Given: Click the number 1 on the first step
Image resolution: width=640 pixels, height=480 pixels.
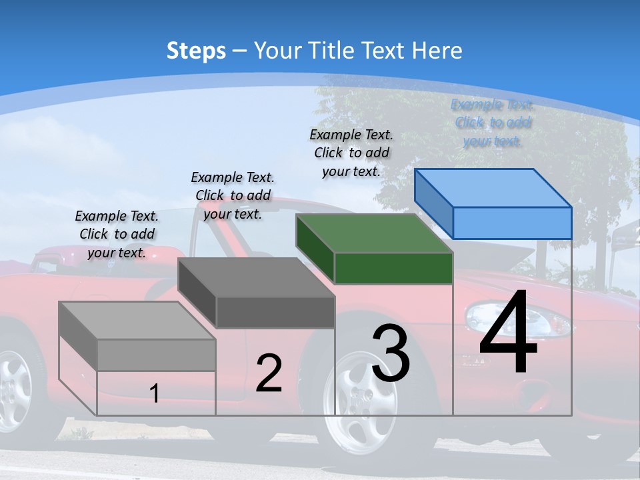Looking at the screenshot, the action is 155,394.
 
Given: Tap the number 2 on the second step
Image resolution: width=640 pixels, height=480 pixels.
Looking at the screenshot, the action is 269,373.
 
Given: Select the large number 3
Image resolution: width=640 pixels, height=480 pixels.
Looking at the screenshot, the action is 391,353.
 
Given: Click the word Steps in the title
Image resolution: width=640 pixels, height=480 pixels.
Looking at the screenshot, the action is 196,51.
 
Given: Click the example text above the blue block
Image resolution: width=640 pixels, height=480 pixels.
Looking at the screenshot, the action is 492,123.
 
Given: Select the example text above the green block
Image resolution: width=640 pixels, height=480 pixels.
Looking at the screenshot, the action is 351,153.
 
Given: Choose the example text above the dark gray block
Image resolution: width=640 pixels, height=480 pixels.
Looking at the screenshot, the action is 233,195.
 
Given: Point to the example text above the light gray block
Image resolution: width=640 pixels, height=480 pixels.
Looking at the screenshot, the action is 117,234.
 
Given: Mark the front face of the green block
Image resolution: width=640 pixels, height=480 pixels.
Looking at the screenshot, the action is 393,268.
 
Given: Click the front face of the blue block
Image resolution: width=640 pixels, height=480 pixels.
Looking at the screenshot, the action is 512,223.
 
